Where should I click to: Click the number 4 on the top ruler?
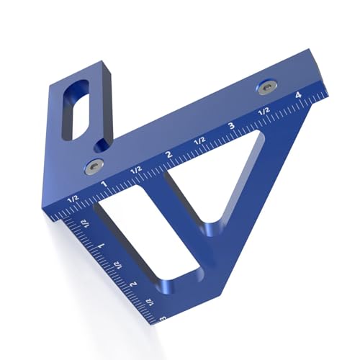pyautogui.click(x=297, y=95)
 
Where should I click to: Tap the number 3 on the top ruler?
pyautogui.click(x=230, y=126)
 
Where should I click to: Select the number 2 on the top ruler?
pyautogui.click(x=168, y=154)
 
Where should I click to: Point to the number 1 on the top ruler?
pyautogui.click(x=104, y=184)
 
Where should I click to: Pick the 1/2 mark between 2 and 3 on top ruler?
pyautogui.click(x=199, y=140)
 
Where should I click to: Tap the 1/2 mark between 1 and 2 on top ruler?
pyautogui.click(x=135, y=169)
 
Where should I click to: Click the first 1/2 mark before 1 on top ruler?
pyautogui.click(x=72, y=198)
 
